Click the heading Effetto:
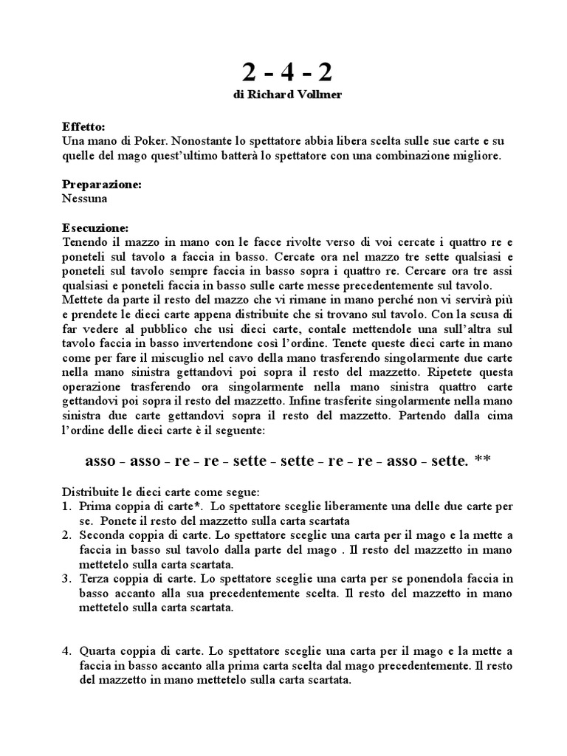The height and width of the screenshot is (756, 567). pos(84,126)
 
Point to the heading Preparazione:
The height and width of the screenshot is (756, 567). pos(101,184)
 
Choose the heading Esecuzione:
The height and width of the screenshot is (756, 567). pos(96,227)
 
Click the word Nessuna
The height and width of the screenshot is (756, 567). pos(86,198)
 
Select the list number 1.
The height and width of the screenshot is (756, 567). pos(66,506)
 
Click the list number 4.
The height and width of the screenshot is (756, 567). pos(66,650)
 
